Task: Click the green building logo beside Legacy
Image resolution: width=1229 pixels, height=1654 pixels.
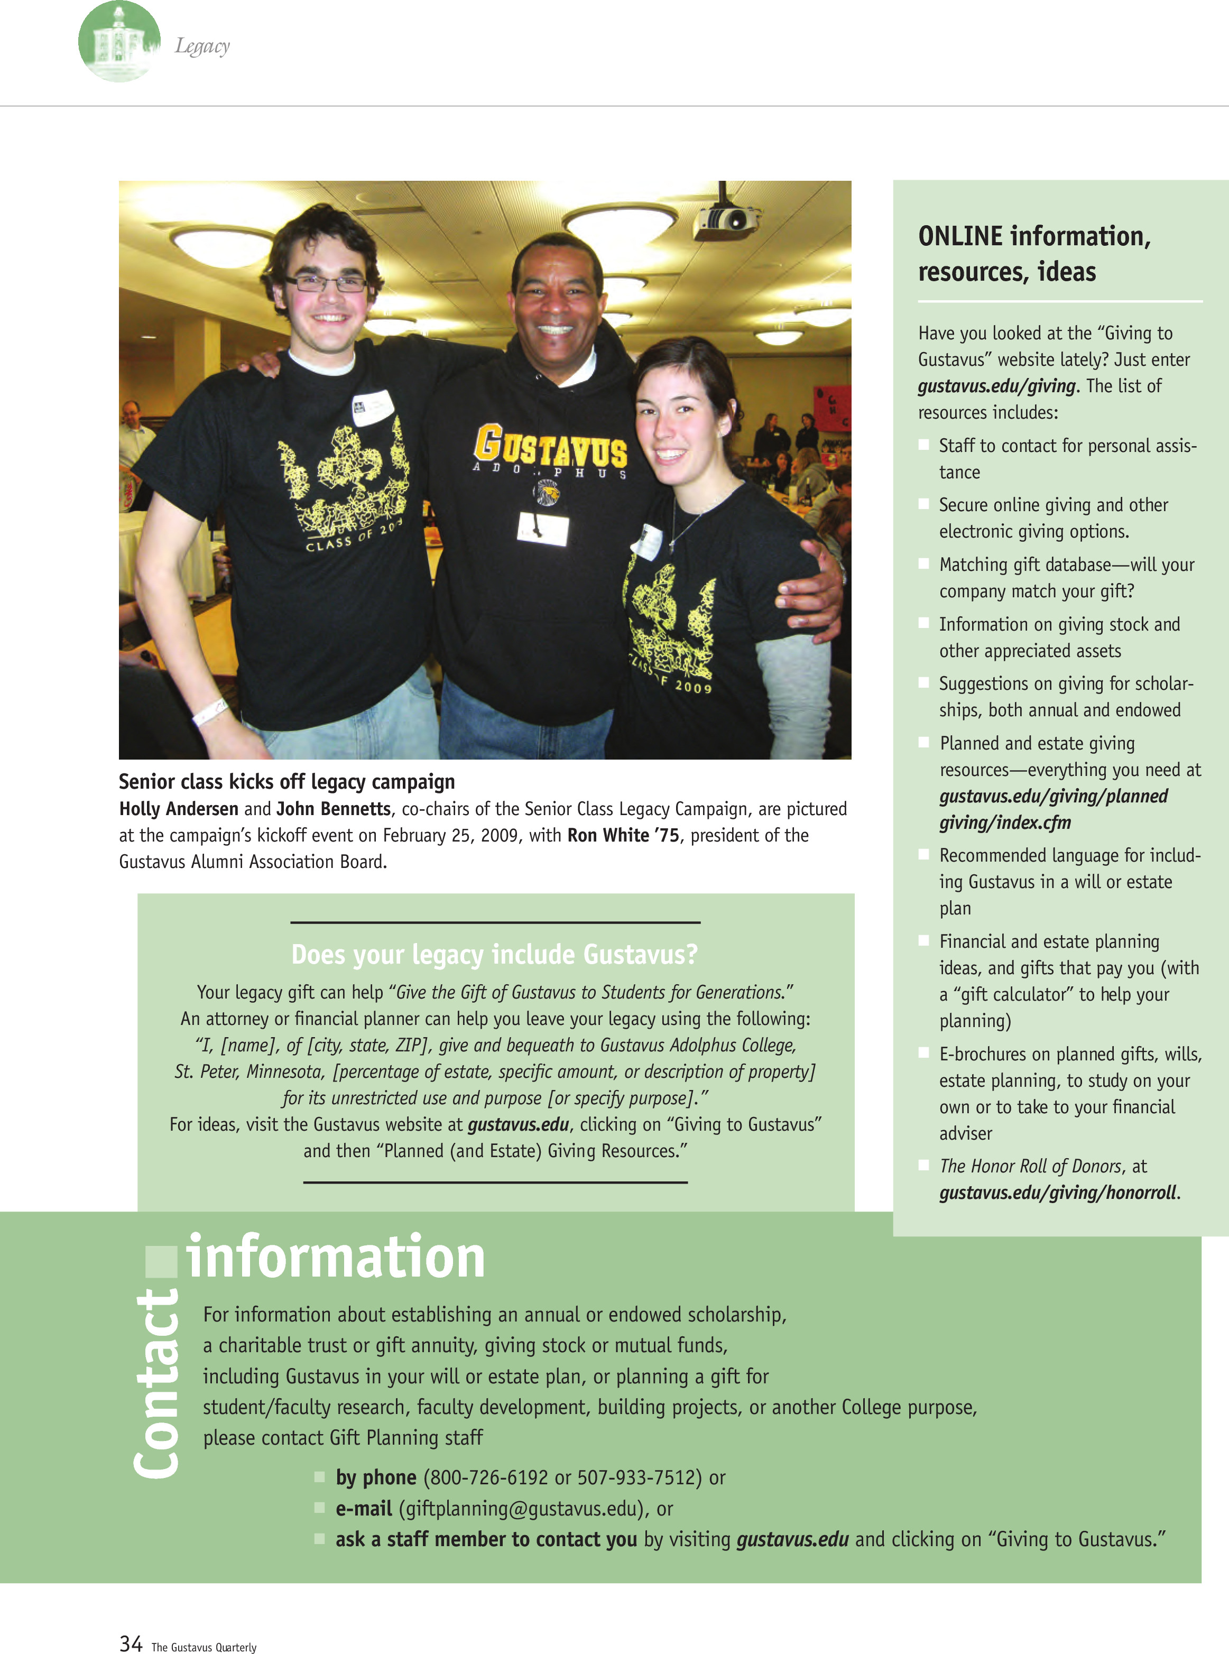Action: [x=118, y=42]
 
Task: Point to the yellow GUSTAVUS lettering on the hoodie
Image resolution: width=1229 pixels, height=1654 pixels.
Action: [x=550, y=447]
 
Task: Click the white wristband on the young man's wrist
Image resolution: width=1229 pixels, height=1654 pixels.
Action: [x=210, y=710]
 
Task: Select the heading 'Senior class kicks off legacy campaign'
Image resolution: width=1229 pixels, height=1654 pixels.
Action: [x=287, y=781]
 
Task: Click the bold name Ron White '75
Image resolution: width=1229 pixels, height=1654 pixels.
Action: [x=623, y=835]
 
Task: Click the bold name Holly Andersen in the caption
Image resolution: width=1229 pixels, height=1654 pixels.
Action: [x=179, y=809]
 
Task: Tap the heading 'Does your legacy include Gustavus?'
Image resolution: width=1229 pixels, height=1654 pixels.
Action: [x=495, y=954]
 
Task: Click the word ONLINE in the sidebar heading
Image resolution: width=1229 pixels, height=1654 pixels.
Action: [x=960, y=236]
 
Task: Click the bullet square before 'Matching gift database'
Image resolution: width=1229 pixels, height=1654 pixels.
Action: [x=923, y=564]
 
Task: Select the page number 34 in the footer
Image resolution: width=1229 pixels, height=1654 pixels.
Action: [x=131, y=1643]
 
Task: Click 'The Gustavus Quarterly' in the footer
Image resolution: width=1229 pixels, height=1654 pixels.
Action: [x=204, y=1647]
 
